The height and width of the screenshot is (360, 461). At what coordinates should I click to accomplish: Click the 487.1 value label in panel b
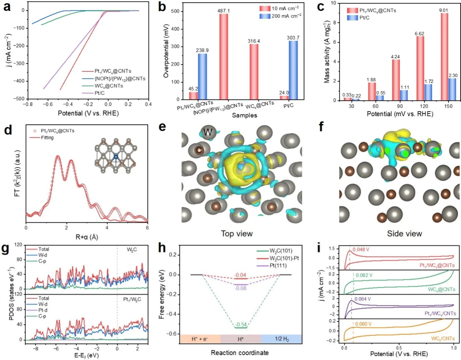224,10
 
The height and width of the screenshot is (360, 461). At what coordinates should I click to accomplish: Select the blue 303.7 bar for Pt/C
293,70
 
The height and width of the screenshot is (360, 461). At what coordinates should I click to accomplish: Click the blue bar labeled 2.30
453,89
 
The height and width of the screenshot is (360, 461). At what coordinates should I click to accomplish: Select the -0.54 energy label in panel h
241,325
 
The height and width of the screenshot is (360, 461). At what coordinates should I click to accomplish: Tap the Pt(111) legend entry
272,266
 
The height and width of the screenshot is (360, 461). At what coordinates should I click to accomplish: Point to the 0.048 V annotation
361,249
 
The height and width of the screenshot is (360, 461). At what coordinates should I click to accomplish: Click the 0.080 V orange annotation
363,324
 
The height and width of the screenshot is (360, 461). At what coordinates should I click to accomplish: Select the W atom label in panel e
208,132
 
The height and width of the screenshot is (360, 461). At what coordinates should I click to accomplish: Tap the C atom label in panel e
199,150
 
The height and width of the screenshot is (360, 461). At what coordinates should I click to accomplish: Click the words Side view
404,234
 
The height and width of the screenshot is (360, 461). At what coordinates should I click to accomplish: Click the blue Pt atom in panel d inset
116,157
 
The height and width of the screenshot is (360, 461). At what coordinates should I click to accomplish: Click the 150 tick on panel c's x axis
448,106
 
